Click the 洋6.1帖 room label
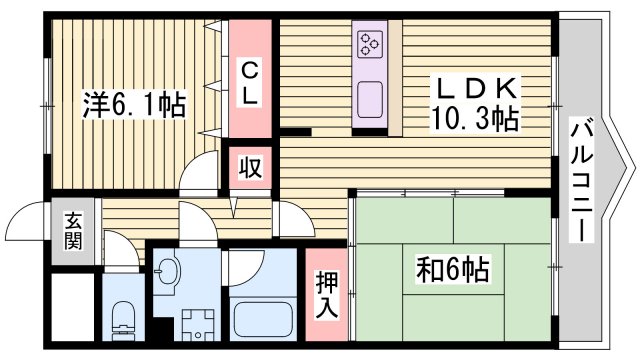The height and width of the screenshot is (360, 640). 133,104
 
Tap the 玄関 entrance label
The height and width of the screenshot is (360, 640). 74,232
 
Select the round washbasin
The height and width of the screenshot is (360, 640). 168,271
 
